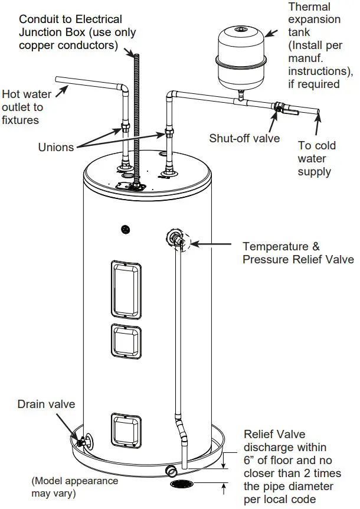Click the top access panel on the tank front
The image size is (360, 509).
[x=125, y=288]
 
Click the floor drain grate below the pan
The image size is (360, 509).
[x=184, y=484]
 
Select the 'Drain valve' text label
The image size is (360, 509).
[x=46, y=404]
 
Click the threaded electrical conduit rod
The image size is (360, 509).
[x=136, y=118]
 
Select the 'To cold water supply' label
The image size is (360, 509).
[x=316, y=159]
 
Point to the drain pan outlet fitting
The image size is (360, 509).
[x=171, y=470]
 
